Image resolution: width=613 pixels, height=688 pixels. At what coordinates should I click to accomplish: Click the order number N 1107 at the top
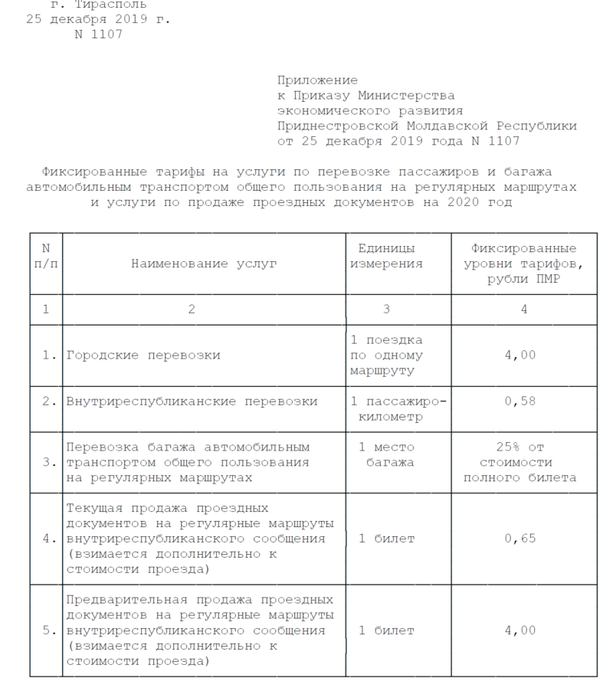(98, 34)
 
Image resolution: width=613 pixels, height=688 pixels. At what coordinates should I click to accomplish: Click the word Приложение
(317, 80)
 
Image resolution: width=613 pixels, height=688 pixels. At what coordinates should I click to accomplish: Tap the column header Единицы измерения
(386, 256)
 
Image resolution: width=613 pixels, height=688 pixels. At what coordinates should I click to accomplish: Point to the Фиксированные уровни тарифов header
(523, 264)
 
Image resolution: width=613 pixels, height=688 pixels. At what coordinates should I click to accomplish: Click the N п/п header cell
(46, 256)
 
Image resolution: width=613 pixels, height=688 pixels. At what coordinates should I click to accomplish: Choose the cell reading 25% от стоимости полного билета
(523, 462)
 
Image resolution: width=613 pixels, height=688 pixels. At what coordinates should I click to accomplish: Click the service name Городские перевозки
(143, 355)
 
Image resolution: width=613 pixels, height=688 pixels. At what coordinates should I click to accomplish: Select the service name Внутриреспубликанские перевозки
(192, 401)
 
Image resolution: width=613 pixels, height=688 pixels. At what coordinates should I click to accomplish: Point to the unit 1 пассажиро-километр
(397, 408)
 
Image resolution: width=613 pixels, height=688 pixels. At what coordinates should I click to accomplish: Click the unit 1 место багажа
(386, 454)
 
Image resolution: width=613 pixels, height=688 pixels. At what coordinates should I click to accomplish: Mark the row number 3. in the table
(48, 462)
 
